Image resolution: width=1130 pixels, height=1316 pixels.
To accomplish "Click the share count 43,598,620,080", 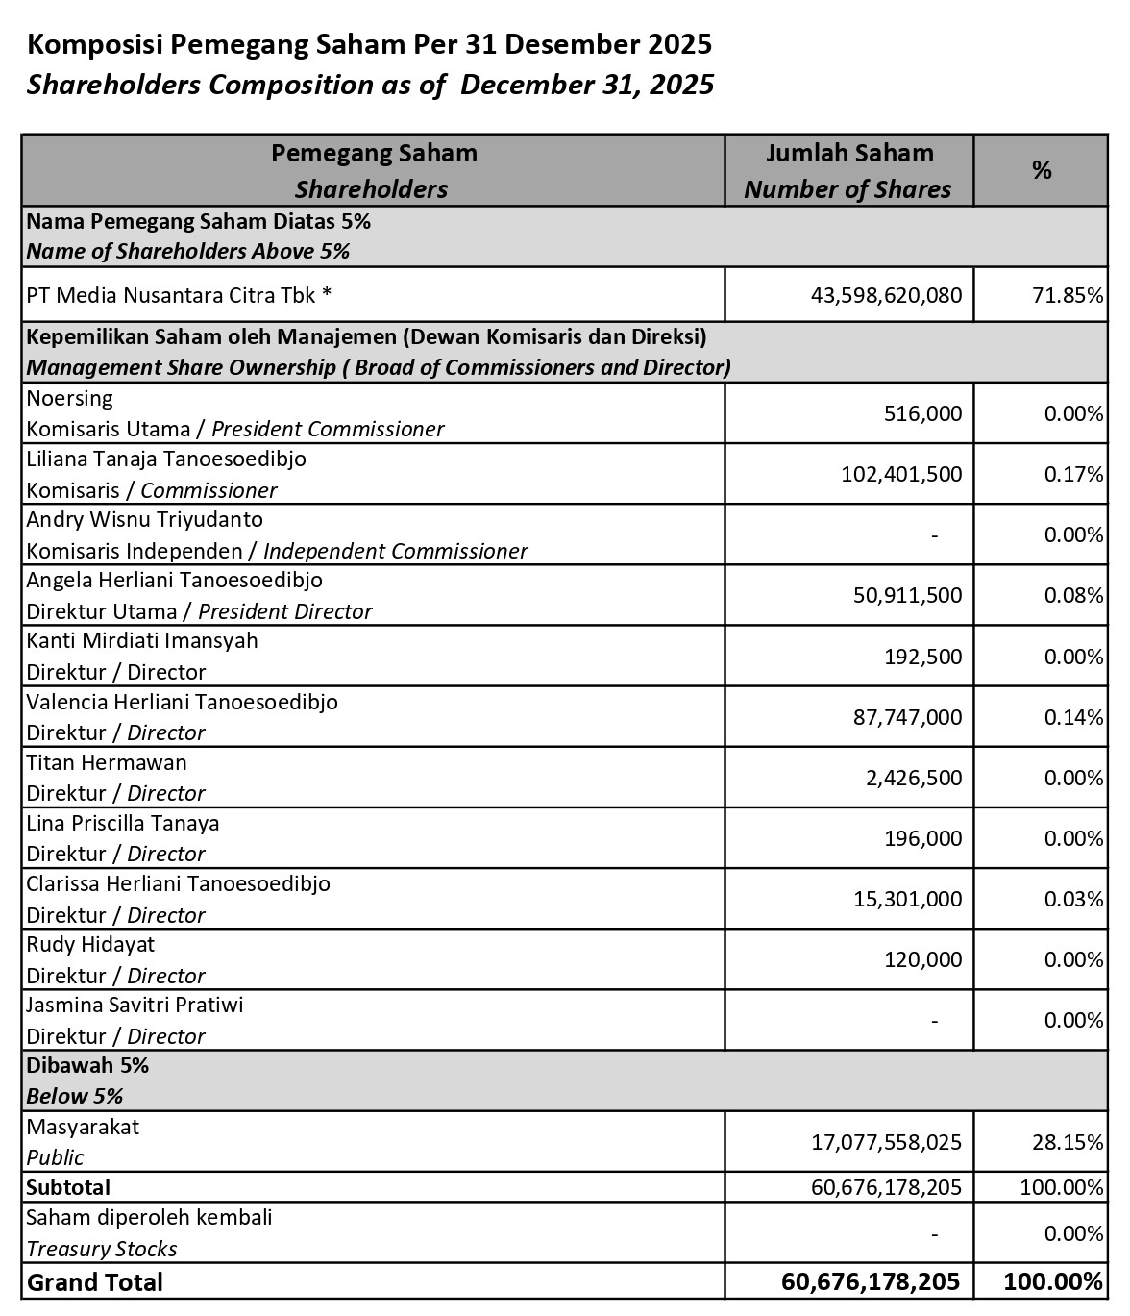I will tap(886, 295).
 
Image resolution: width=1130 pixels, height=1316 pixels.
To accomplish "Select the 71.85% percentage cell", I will tap(1068, 295).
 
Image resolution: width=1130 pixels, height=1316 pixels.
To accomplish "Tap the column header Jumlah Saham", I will tap(849, 153).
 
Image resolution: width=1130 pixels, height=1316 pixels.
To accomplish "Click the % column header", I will tap(1042, 170).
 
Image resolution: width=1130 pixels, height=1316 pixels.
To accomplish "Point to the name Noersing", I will tap(69, 398).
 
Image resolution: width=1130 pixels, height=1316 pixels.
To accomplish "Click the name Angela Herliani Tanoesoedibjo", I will tap(174, 580).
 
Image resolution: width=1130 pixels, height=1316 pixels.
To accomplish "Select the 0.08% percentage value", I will tap(1073, 595).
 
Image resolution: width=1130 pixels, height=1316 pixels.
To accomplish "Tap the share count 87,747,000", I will tap(907, 717).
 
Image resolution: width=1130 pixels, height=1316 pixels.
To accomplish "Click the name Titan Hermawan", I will tap(107, 762).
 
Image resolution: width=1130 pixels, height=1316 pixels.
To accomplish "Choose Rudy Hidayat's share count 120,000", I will tap(922, 959).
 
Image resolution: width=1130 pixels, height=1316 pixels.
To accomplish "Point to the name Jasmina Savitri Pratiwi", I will tap(135, 1005).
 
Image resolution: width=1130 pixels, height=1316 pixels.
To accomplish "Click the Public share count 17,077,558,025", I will tap(886, 1141).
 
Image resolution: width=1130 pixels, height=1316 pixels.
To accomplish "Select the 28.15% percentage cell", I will tap(1068, 1141).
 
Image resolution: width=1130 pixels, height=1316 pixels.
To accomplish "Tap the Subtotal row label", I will tap(68, 1187).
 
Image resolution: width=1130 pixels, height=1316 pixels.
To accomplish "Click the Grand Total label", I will tap(95, 1282).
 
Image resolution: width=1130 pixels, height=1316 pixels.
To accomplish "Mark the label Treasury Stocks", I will tap(102, 1249).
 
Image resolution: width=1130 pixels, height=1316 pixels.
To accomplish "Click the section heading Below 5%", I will tap(74, 1096).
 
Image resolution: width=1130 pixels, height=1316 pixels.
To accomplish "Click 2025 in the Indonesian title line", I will tap(678, 44).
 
